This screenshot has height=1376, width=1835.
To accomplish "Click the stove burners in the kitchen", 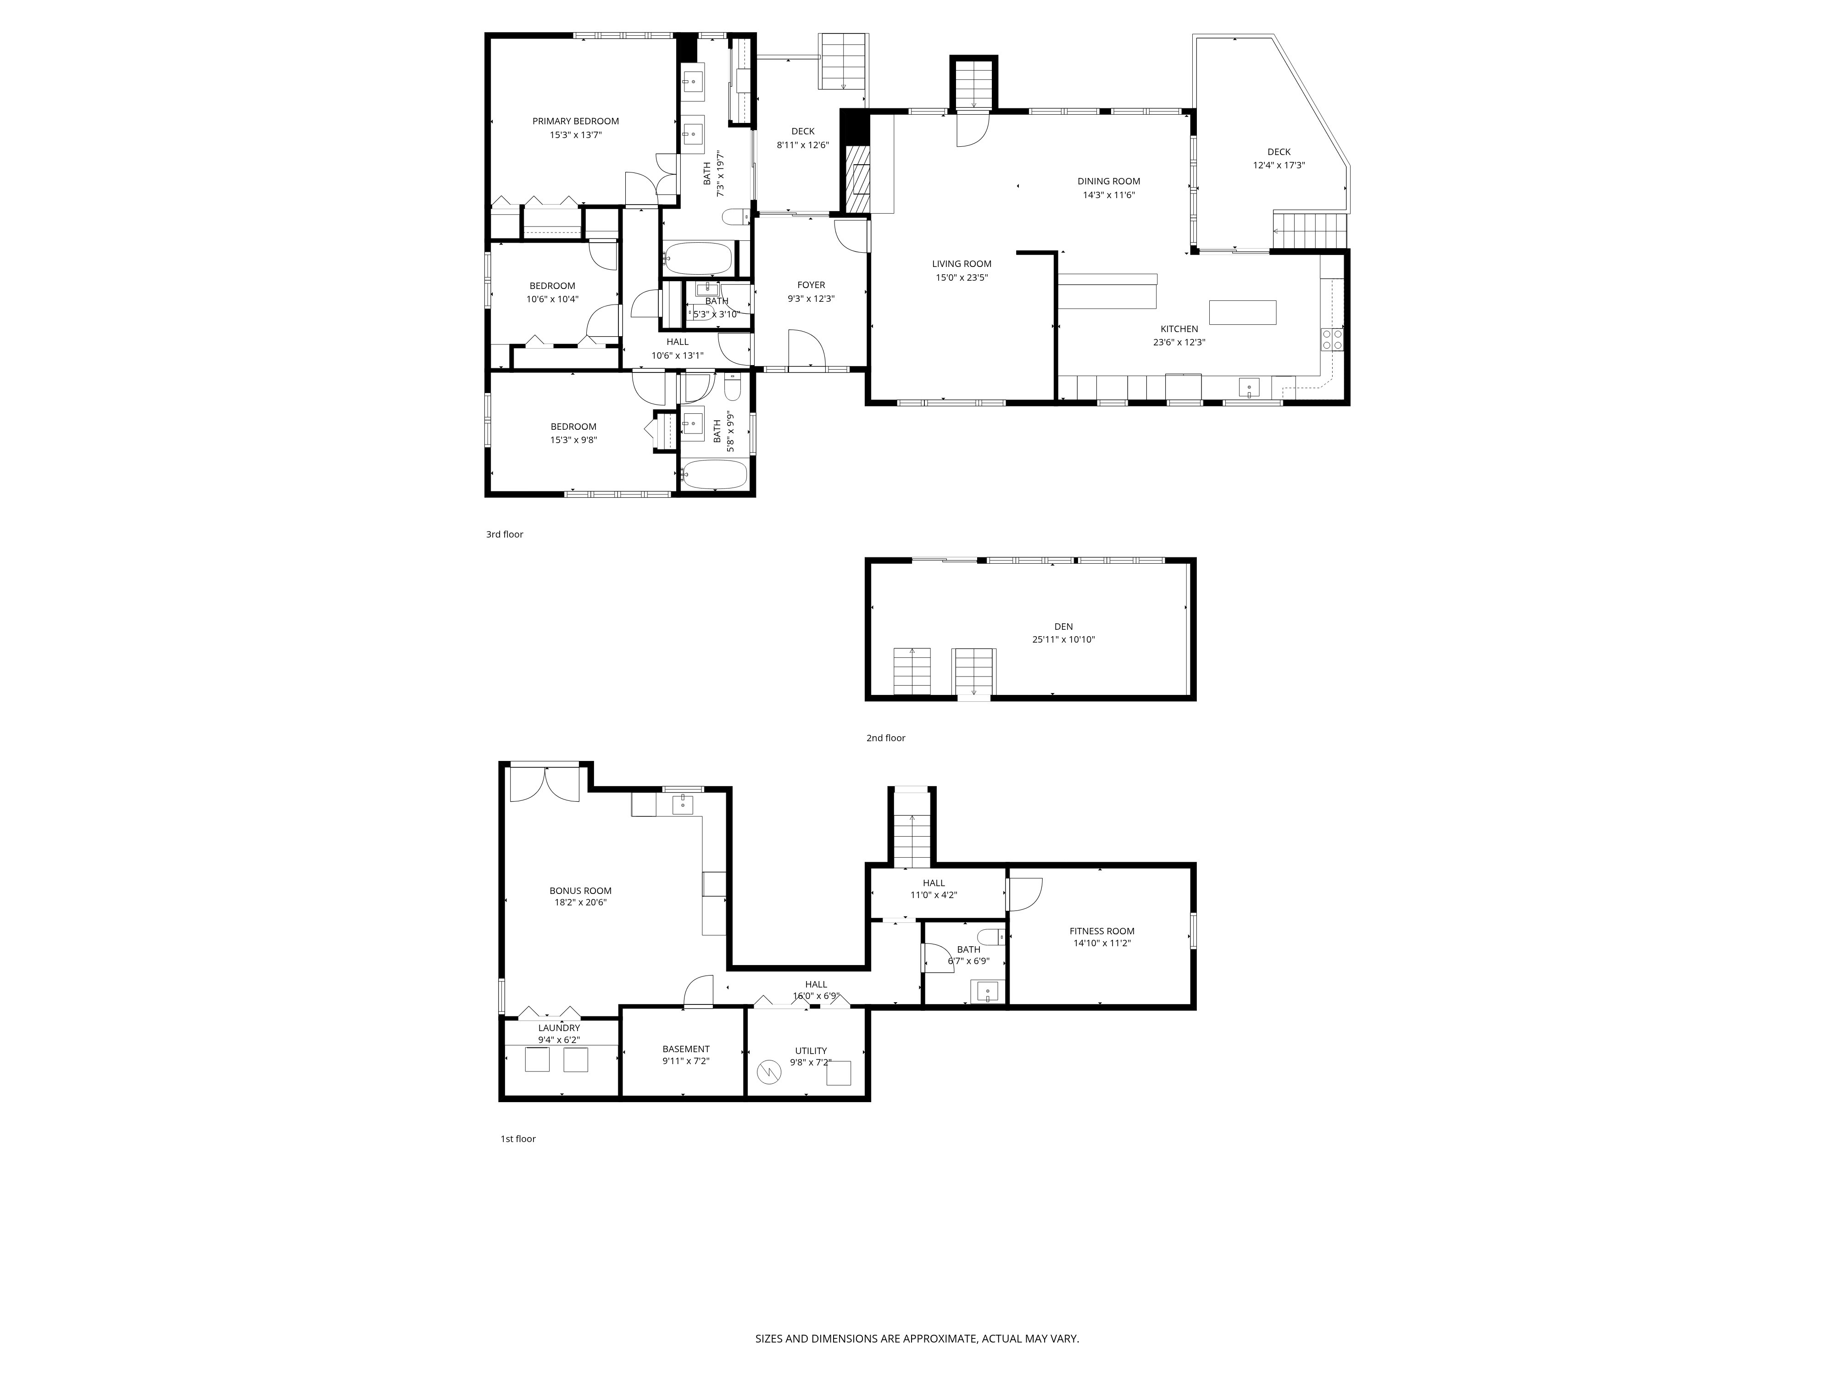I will coord(1331,339).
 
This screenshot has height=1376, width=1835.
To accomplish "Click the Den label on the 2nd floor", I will coord(1063,627).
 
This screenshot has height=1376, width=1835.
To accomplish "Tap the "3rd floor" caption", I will coord(504,535).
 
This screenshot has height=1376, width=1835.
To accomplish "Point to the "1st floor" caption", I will coord(517,1139).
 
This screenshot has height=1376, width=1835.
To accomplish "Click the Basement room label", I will coord(685,1049).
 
